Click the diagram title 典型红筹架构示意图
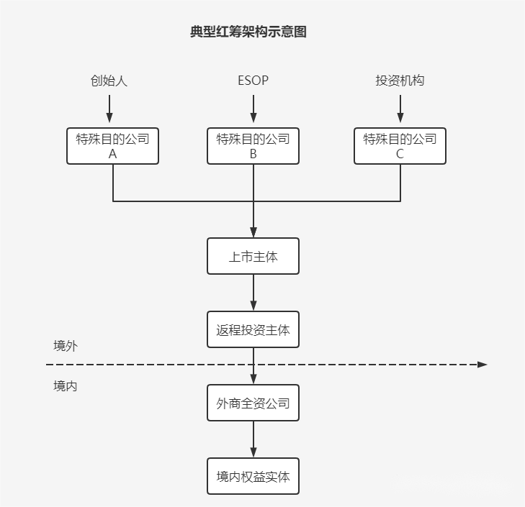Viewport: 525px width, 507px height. click(248, 32)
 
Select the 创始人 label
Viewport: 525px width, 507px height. click(109, 81)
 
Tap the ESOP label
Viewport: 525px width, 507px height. click(253, 81)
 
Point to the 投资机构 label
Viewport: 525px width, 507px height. click(400, 81)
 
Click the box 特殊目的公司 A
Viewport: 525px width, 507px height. click(113, 146)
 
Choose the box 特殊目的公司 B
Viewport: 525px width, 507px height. click(253, 146)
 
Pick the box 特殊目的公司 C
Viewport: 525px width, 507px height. click(400, 146)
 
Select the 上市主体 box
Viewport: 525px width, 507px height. click(253, 256)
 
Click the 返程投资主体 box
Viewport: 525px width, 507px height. click(253, 330)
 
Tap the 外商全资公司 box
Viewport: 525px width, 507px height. click(253, 403)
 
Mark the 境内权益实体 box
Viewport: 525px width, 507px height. click(253, 476)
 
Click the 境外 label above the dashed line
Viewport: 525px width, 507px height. click(66, 346)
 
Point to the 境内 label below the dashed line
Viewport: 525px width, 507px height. click(66, 385)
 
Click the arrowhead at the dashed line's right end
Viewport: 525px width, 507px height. click(483, 365)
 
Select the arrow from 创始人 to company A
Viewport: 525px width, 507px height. click(109, 109)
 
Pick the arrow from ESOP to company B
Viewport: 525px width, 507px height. click(253, 109)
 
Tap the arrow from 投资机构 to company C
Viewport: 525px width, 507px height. click(400, 109)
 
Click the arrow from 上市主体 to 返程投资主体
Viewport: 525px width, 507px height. click(253, 293)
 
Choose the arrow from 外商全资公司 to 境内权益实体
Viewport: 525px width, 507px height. click(253, 439)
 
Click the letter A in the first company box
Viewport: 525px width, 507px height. click(113, 154)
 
